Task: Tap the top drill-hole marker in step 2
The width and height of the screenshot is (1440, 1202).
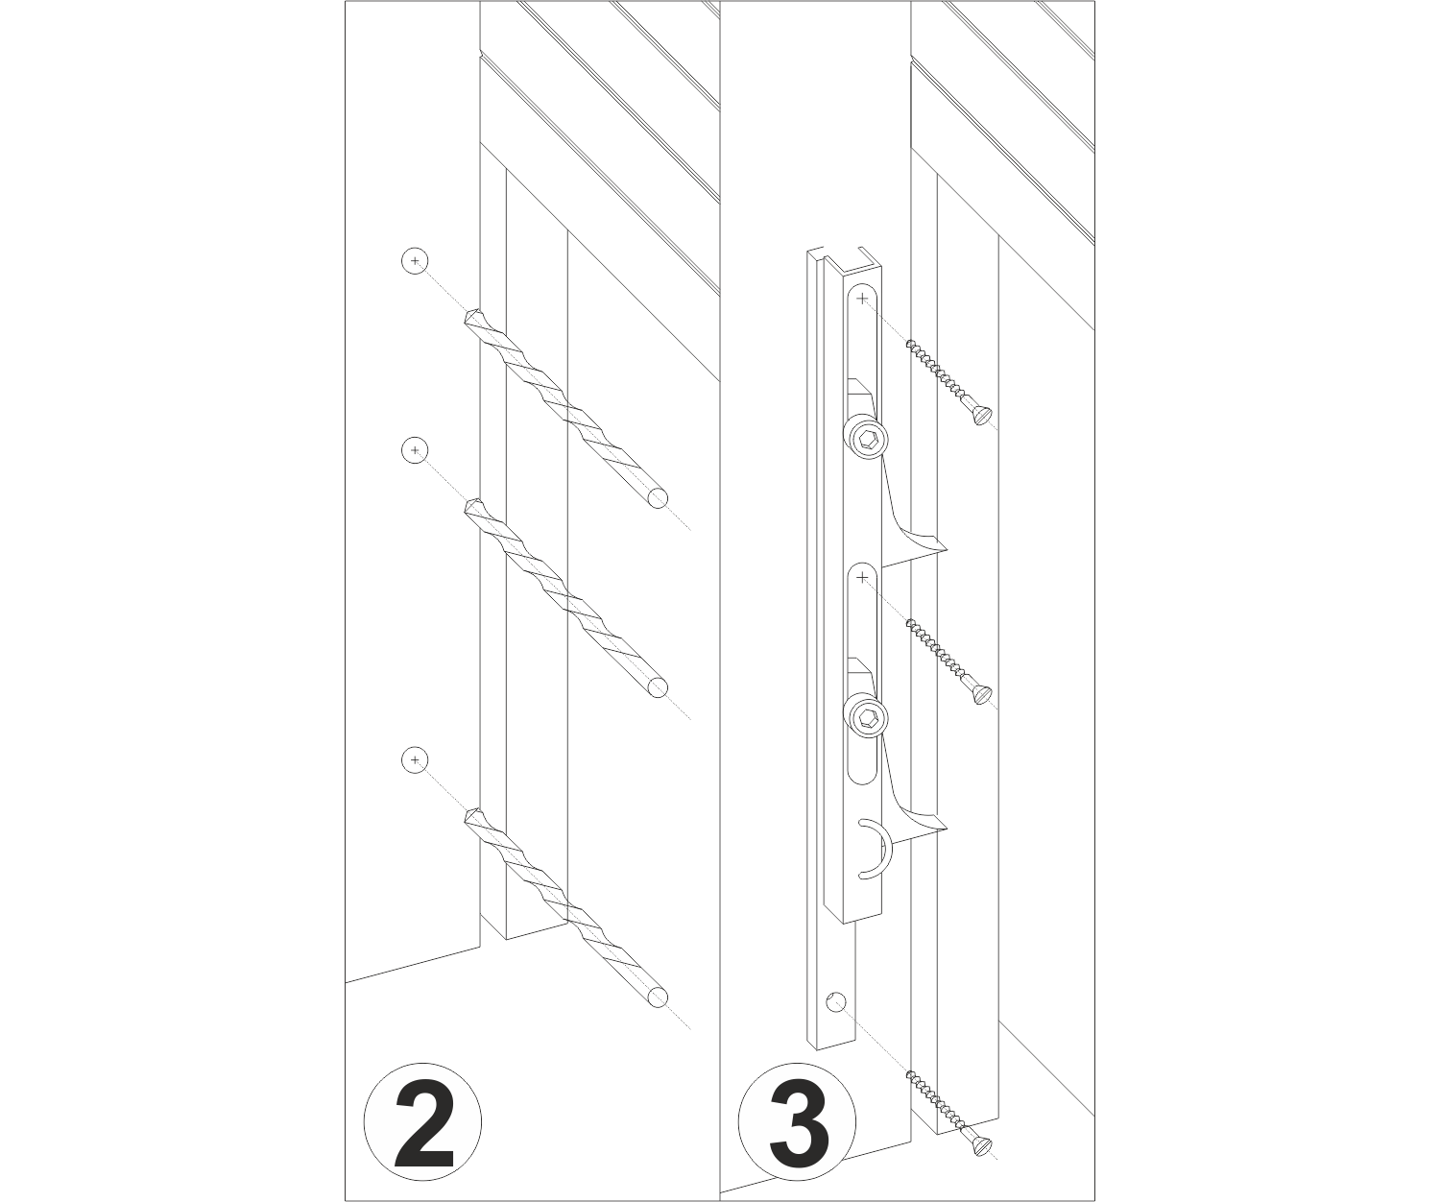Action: (415, 261)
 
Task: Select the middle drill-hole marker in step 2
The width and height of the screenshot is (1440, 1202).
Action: (415, 450)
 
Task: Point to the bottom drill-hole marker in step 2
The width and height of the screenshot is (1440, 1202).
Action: (415, 760)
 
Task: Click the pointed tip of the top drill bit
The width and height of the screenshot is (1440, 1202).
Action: (468, 316)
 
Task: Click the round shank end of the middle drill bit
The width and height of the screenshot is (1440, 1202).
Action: (658, 687)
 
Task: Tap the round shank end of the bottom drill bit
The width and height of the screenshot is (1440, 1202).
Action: (658, 998)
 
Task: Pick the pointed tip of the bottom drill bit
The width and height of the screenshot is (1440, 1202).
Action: (468, 815)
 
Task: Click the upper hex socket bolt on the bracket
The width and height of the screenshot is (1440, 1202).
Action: (868, 439)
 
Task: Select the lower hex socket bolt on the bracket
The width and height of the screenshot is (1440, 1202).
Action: (868, 719)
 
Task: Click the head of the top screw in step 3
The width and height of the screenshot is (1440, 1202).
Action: (983, 416)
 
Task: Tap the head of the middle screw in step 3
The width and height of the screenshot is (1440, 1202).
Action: (983, 694)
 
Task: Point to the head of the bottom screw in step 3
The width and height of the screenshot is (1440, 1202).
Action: (983, 1146)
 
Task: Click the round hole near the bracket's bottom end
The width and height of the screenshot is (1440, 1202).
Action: (835, 1000)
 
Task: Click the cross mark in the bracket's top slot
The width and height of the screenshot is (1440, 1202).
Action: (861, 298)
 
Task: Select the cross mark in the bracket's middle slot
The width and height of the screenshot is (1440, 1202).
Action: (861, 578)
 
